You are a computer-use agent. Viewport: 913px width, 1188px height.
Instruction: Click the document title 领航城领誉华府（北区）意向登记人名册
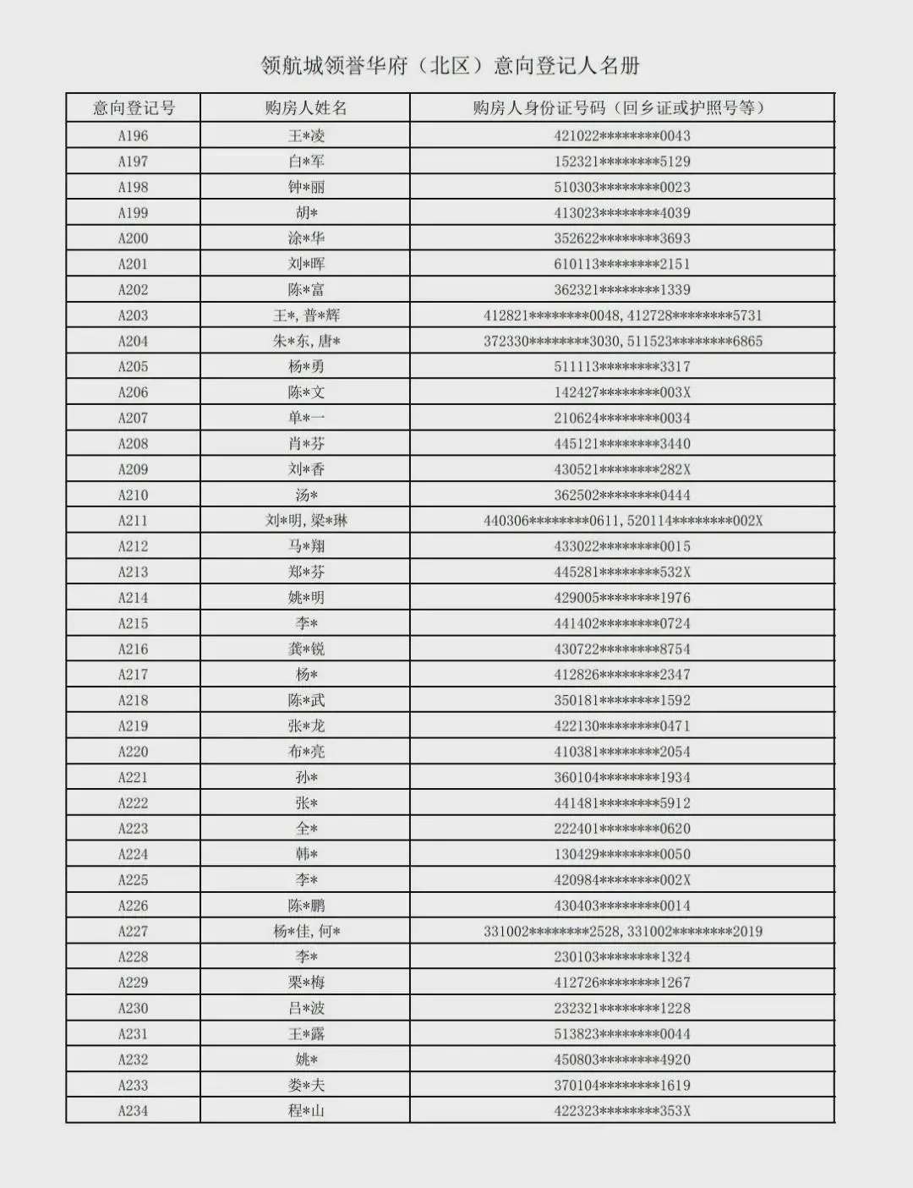pos(450,66)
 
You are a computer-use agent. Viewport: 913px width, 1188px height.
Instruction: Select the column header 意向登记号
pos(134,108)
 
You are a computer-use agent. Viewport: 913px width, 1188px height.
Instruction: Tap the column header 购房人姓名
pos(305,108)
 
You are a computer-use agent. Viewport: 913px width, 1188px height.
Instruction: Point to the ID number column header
pos(621,108)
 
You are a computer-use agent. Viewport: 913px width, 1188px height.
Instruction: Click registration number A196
pos(134,136)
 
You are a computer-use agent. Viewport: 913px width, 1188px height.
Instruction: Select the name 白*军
pos(305,162)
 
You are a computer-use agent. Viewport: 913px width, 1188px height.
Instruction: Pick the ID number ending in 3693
pos(622,238)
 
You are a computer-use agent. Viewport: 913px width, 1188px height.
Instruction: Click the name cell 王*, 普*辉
pos(305,315)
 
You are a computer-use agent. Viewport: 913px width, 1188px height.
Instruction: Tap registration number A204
pos(134,342)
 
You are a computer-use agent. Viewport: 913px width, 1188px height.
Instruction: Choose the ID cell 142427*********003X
pos(622,392)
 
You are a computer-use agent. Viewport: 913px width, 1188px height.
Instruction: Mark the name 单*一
pos(305,418)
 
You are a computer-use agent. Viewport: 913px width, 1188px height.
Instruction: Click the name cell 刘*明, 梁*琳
pos(305,521)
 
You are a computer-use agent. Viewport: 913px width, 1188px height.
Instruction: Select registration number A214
pos(134,598)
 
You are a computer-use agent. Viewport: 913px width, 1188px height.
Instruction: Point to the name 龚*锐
pos(305,649)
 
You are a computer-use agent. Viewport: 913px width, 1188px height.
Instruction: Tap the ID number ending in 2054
pos(622,752)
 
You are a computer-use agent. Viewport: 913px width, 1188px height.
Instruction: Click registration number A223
pos(134,829)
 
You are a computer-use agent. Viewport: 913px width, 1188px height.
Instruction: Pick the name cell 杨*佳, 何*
pos(305,932)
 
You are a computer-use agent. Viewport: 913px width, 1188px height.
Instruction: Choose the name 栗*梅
pos(305,983)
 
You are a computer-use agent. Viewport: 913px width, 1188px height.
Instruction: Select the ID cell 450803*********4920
pos(622,1059)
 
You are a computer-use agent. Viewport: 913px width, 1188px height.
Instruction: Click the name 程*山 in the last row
pos(305,1111)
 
